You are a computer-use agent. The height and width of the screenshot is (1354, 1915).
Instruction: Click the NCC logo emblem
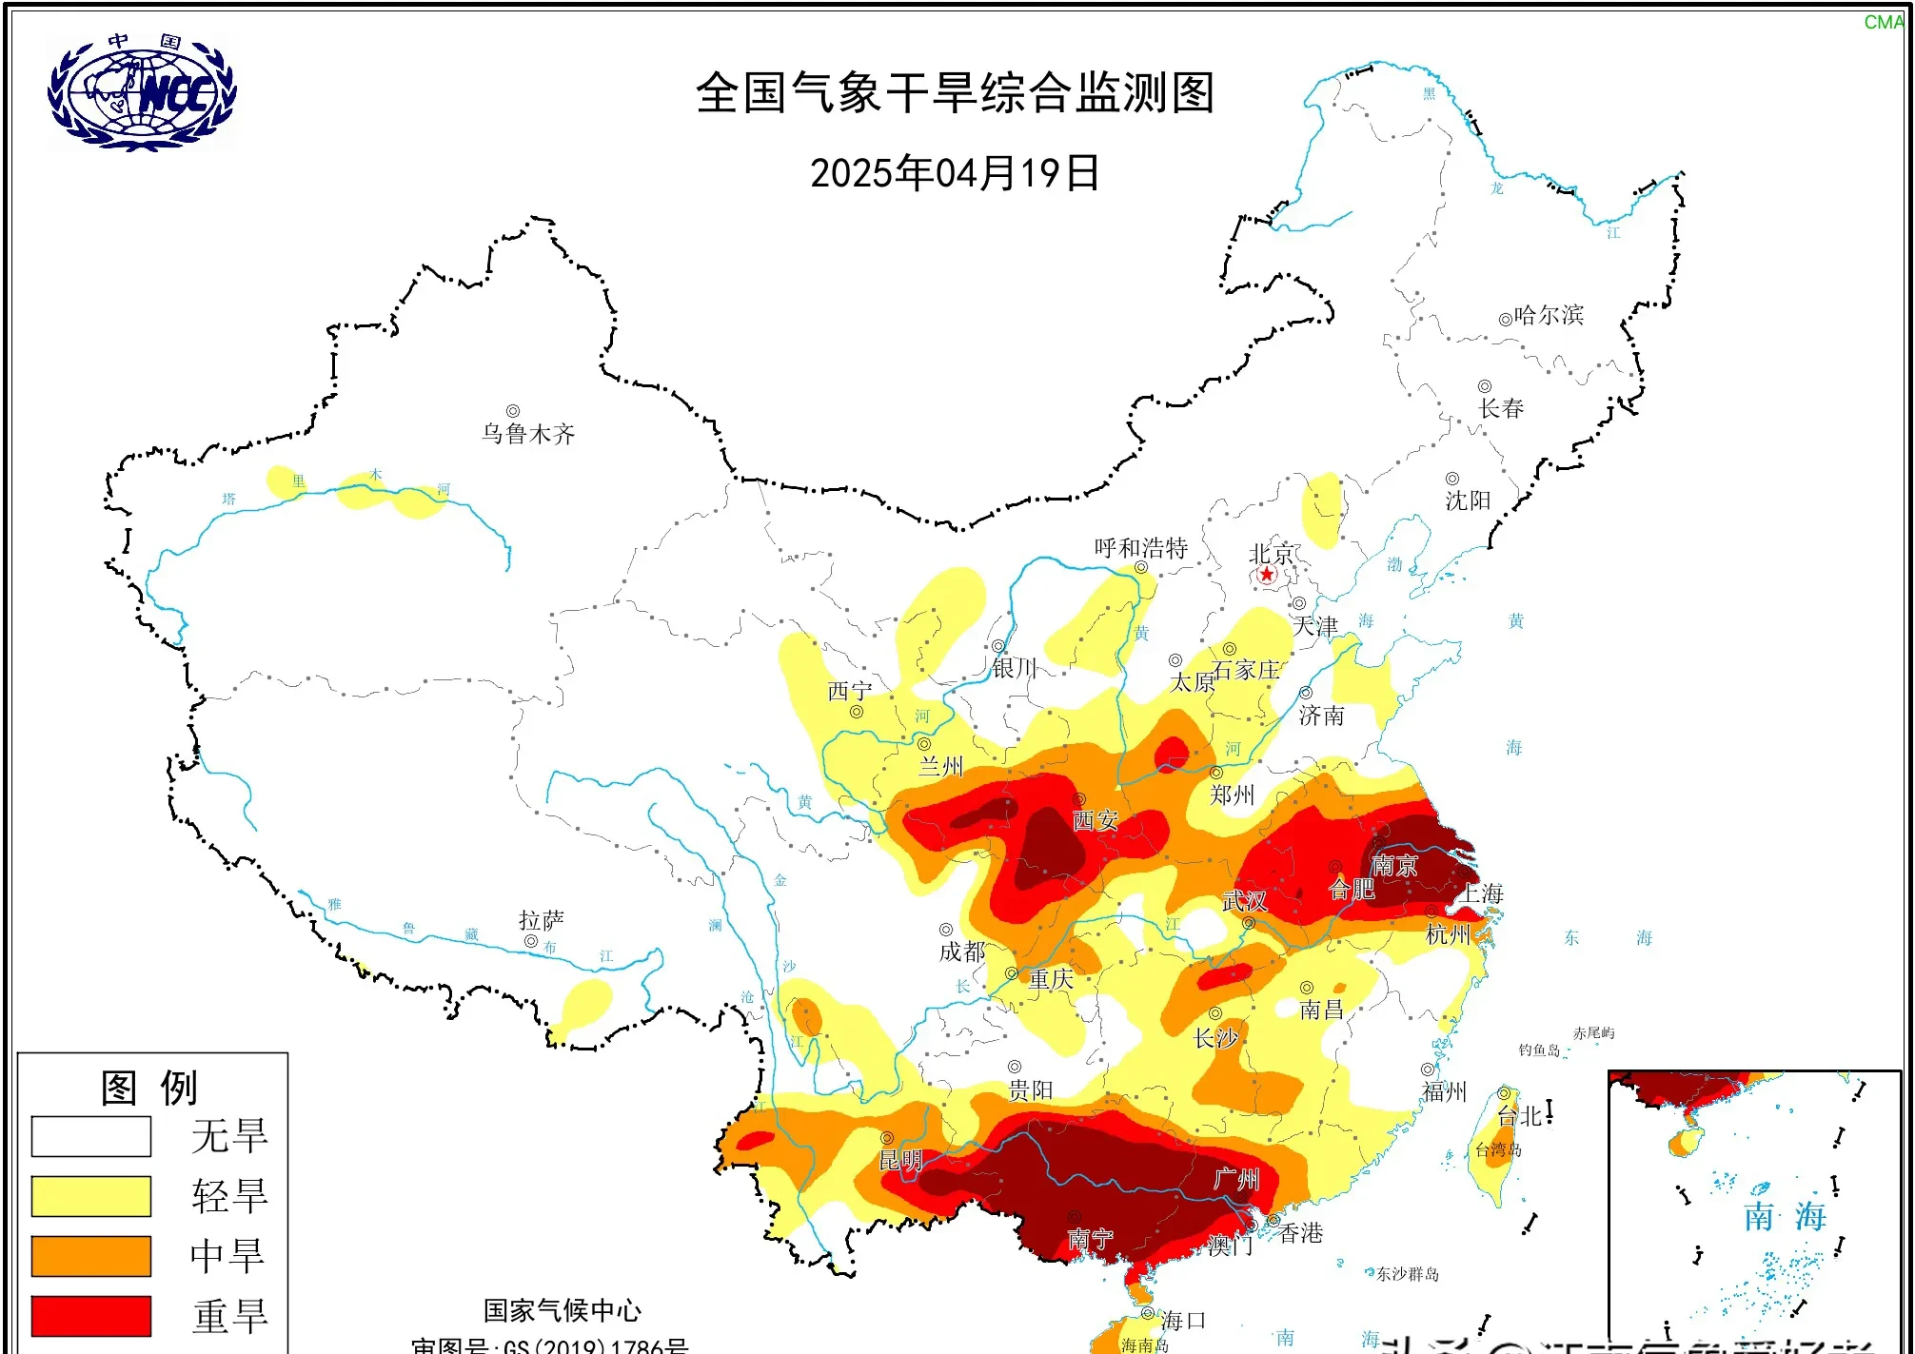click(142, 92)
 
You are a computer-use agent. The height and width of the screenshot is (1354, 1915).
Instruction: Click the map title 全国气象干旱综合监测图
click(955, 93)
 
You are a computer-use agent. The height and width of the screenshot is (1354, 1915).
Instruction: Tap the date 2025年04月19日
click(955, 173)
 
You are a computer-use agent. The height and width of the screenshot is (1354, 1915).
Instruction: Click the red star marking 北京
click(1266, 574)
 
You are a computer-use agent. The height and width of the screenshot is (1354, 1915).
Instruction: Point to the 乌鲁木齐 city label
click(528, 434)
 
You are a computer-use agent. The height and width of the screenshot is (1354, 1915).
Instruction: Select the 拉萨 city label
click(542, 920)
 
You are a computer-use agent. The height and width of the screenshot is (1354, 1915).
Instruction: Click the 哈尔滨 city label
click(1549, 315)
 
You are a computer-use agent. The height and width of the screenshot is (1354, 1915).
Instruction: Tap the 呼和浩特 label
click(1140, 548)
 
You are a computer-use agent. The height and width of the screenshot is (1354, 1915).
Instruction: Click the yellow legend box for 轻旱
click(91, 1196)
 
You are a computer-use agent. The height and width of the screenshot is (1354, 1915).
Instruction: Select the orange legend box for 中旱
click(91, 1256)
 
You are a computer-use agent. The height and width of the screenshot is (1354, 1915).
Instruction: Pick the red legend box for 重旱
click(91, 1316)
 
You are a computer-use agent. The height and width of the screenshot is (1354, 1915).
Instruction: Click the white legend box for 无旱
click(91, 1136)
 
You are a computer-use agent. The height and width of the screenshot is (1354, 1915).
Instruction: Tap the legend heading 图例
click(149, 1088)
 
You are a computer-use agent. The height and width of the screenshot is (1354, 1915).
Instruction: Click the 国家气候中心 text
click(562, 1310)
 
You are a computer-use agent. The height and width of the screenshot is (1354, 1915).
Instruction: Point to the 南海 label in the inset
click(1785, 1216)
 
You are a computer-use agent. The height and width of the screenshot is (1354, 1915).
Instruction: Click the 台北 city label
click(1520, 1116)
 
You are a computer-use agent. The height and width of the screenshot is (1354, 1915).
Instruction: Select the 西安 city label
click(1095, 820)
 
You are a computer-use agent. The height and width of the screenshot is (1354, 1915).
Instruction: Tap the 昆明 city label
click(899, 1160)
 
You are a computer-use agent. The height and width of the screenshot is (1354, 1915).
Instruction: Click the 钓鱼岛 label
click(1539, 1050)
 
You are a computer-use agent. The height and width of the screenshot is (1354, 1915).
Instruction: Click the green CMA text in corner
click(1884, 22)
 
